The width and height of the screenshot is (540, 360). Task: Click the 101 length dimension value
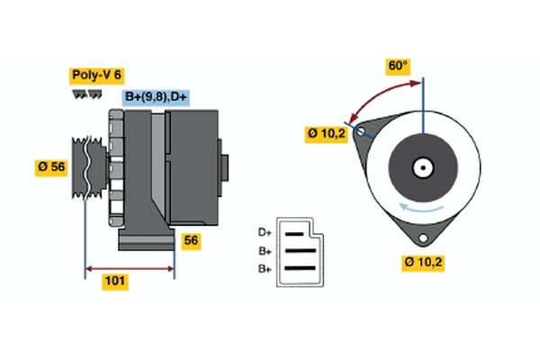[115, 282]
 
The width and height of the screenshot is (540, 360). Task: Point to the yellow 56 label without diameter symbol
[191, 240]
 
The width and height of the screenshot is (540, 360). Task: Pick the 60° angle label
[398, 66]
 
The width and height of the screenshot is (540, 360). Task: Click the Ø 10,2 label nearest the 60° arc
[326, 134]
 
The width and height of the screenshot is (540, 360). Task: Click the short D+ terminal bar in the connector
[295, 232]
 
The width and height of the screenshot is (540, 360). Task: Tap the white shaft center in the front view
[422, 167]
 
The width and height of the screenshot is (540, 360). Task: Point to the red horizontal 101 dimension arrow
[130, 267]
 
